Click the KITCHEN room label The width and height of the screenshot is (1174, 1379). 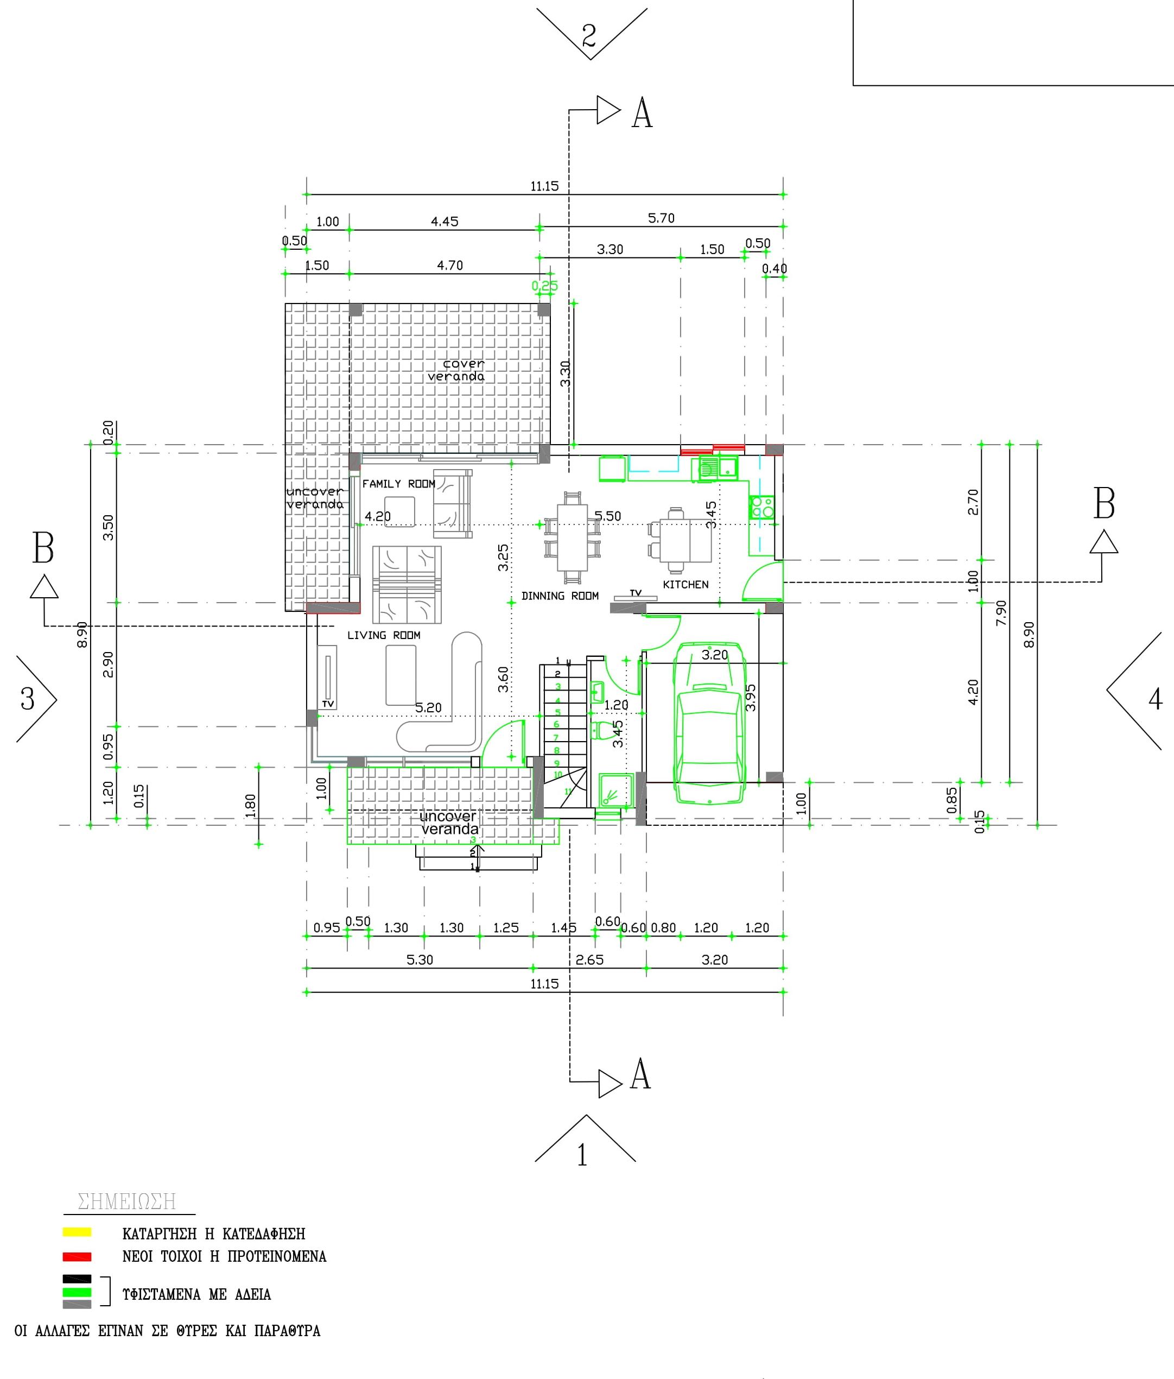(686, 584)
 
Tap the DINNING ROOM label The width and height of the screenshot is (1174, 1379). (560, 596)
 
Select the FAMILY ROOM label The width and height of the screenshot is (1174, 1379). (398, 484)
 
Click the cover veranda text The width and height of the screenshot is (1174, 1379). (456, 370)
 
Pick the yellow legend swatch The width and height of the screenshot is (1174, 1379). (77, 1232)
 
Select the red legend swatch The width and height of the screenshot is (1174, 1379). (77, 1256)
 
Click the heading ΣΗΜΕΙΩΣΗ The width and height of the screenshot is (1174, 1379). (127, 1202)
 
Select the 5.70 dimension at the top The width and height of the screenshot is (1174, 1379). (661, 218)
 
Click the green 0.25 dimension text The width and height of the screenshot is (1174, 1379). (544, 286)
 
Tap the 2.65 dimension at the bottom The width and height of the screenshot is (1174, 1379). (589, 960)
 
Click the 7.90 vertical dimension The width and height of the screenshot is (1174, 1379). (1001, 612)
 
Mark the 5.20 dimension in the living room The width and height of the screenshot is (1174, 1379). (428, 707)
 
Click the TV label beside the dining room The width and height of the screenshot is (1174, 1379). (635, 592)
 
